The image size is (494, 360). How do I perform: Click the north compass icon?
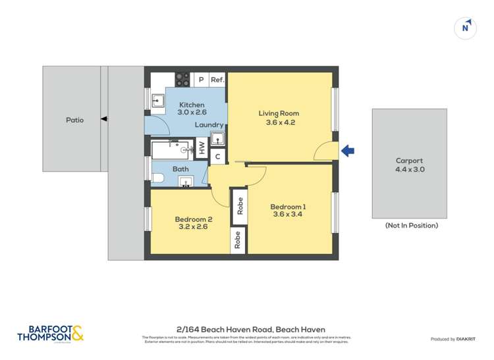tap(466, 28)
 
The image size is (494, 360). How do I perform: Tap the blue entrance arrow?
tap(347, 151)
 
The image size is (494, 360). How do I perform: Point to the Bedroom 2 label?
tap(193, 219)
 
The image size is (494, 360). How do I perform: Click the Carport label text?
tap(409, 161)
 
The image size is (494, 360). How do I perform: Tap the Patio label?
tap(74, 120)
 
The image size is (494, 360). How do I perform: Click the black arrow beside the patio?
tap(104, 119)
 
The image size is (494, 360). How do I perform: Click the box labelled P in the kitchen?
tap(201, 80)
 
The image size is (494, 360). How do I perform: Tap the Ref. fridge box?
tap(217, 80)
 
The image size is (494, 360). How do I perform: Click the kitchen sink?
tap(158, 101)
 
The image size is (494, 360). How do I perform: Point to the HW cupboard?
tap(202, 147)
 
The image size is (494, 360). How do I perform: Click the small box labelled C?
tap(218, 157)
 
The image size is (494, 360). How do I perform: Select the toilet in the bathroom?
tap(158, 177)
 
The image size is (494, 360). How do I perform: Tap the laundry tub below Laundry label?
tap(218, 139)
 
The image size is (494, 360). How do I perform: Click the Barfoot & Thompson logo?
tap(51, 334)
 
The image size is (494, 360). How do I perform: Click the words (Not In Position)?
tap(412, 226)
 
